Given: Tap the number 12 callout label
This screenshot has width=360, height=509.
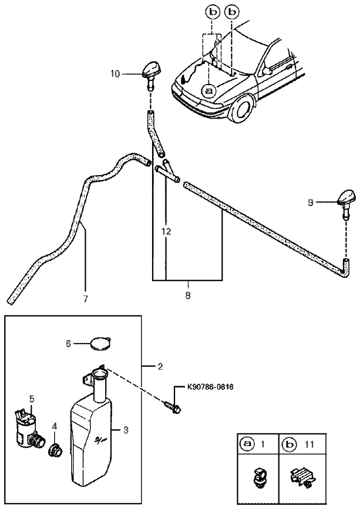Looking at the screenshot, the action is (x=166, y=232).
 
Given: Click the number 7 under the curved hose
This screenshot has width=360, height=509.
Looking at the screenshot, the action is (x=85, y=299).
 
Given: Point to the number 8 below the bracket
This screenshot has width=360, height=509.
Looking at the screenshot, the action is (x=188, y=296).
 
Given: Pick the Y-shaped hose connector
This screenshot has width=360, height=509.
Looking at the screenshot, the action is (x=167, y=170).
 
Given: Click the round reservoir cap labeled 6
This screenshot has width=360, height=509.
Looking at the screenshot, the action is (x=101, y=344).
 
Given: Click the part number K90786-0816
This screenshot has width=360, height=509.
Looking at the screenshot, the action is (x=210, y=387).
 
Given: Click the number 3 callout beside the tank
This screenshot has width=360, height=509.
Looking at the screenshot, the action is (x=126, y=430).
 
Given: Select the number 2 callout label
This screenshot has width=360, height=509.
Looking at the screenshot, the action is (x=160, y=367).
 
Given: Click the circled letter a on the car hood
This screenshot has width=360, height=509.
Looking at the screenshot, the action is (x=209, y=90).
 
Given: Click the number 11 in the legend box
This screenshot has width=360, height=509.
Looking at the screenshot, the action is (x=310, y=444).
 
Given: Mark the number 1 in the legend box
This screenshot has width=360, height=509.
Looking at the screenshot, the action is (x=263, y=444).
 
